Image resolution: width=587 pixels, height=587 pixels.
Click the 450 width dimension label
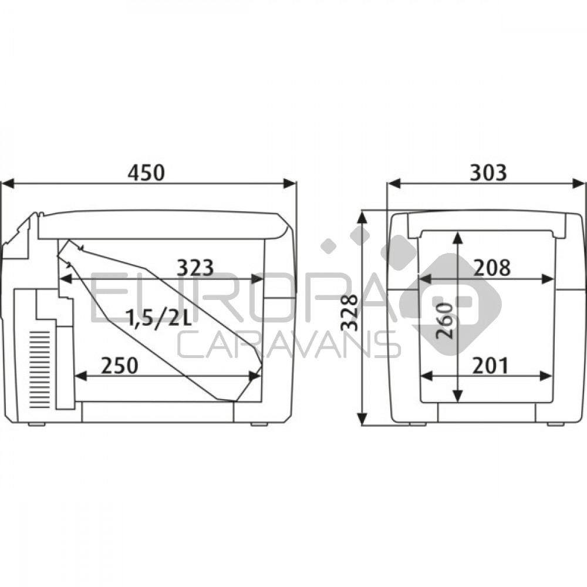[x=146, y=173]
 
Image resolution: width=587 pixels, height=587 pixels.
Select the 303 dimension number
[x=488, y=173]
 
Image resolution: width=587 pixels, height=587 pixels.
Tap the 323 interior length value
[x=195, y=268]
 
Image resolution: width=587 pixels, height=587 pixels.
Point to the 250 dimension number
[x=119, y=365]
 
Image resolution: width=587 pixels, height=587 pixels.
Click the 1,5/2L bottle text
[x=160, y=318]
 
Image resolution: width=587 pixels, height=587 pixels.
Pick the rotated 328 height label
[x=349, y=313]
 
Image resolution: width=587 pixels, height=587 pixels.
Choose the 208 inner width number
[x=492, y=268]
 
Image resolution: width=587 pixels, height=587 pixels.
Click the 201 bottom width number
[x=490, y=366]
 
